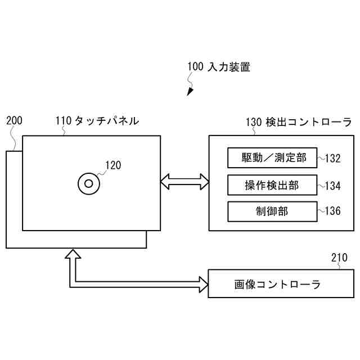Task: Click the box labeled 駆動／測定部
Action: [x=272, y=157]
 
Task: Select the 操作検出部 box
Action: [x=272, y=184]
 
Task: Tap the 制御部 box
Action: [x=272, y=211]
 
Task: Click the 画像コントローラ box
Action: [x=278, y=284]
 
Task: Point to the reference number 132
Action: [x=333, y=158]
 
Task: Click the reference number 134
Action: [x=333, y=185]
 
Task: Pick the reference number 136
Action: [x=333, y=211]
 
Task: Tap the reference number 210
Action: [x=339, y=258]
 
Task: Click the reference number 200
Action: [x=13, y=120]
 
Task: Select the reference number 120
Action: [x=113, y=165]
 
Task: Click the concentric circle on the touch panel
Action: [x=88, y=183]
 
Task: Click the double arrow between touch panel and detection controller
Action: [x=184, y=182]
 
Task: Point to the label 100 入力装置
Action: [x=219, y=67]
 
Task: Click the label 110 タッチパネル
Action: [x=97, y=120]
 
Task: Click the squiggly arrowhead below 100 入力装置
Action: [x=191, y=91]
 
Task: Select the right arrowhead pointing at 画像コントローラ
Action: [x=202, y=285]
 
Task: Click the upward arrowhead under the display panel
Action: [x=73, y=254]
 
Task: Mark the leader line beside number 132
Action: [x=321, y=158]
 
